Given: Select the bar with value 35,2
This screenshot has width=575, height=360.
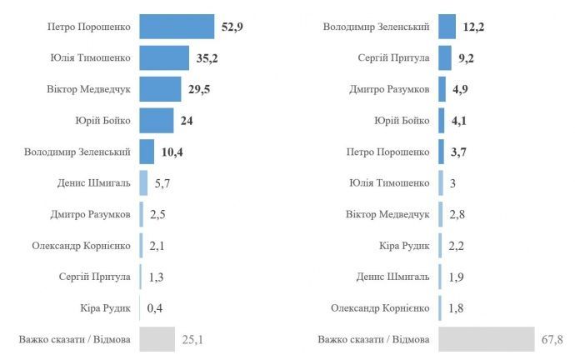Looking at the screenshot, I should pos(164,58).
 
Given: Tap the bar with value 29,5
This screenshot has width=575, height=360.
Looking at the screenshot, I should pos(160,89).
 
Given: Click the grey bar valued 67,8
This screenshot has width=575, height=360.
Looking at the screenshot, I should pos(487,339).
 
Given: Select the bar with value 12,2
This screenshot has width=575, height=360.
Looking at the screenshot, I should pos(447,27).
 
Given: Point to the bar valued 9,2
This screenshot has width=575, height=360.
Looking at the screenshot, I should pos(445,58).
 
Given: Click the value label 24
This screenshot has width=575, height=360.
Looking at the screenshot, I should pos(187,121).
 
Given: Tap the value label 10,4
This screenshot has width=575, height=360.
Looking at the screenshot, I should pos(172,152).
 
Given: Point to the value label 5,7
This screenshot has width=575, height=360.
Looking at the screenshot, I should pos(163,183).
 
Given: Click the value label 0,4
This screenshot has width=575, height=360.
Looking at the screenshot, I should pos(154,308).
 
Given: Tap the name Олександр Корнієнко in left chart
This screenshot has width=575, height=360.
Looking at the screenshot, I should pos(81,246).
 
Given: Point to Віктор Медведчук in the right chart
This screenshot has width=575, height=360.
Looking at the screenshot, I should pos(388,214).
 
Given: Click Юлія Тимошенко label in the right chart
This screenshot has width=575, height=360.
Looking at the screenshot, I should pos(390,183).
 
